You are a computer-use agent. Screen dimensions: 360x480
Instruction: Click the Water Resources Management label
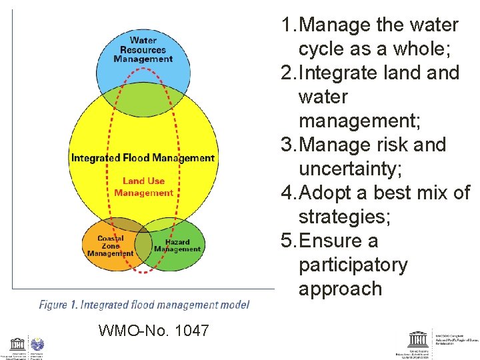tap(143, 50)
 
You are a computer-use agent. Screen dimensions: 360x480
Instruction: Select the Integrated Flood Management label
tap(143, 158)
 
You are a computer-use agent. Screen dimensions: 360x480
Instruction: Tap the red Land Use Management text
tap(143, 187)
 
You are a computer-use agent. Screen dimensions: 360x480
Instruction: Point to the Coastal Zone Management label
tap(111, 246)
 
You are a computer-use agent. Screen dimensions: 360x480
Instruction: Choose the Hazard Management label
tap(177, 245)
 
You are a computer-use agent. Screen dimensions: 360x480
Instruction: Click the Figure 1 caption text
tap(144, 305)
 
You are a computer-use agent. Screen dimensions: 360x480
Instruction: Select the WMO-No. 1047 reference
tap(153, 330)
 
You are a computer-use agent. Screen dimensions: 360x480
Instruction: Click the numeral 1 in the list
tap(287, 25)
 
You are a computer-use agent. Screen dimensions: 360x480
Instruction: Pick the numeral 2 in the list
tap(287, 73)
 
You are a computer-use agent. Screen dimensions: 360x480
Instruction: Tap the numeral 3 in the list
tap(287, 145)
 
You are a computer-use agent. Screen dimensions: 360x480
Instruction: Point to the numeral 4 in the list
tap(287, 193)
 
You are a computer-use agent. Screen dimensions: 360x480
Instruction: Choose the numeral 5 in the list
tap(287, 241)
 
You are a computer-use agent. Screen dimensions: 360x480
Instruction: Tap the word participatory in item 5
tap(353, 265)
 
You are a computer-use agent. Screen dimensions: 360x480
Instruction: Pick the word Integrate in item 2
tap(342, 73)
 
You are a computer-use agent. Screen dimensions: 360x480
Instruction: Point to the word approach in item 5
tap(340, 289)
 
